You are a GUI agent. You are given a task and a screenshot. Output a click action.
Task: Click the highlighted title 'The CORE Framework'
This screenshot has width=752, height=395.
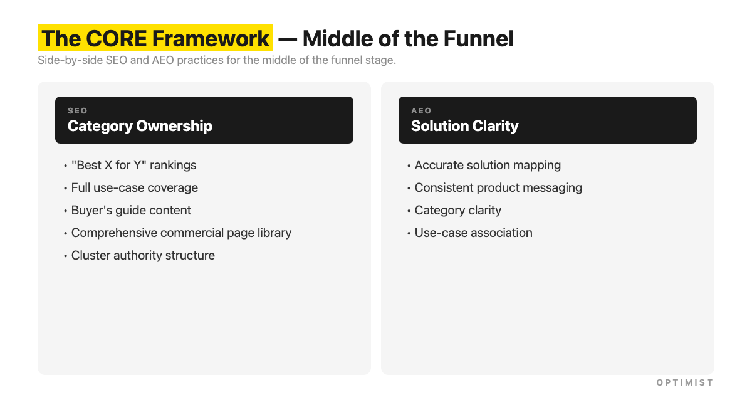coord(155,39)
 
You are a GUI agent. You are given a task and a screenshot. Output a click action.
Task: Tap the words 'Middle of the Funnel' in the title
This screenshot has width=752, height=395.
coord(408,39)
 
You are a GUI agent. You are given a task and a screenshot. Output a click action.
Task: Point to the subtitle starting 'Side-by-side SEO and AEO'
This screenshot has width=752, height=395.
coord(217,61)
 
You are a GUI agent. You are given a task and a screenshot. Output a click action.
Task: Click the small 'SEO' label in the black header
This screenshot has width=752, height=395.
coord(78,111)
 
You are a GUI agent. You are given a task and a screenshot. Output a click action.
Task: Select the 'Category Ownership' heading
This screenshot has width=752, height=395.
coord(140,126)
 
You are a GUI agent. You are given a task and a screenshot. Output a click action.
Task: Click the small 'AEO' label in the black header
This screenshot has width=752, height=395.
coord(421,111)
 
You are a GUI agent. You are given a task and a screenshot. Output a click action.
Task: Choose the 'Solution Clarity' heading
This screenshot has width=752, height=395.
coord(464,126)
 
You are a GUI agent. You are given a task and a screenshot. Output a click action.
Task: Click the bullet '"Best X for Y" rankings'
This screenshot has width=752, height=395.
coord(133,166)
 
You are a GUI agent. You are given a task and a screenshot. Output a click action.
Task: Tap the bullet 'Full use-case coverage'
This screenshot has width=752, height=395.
coord(134,188)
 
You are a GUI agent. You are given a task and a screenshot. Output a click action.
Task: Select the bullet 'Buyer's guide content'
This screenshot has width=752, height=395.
coord(131,211)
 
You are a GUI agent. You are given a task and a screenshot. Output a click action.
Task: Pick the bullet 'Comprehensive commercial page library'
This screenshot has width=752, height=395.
coord(181,233)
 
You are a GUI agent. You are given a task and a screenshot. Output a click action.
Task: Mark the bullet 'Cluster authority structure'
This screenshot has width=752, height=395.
coord(143,256)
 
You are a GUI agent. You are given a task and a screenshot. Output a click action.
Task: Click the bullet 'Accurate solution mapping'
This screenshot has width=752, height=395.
coord(488,166)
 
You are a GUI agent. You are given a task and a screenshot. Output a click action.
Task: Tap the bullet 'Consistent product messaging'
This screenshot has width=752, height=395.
coord(498,188)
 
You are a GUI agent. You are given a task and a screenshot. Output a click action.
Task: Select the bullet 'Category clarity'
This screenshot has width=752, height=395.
coord(457,211)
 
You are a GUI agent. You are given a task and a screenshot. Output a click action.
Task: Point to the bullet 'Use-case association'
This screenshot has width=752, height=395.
coord(473,233)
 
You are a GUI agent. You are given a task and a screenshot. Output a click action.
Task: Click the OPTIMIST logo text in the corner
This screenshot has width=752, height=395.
coord(684,382)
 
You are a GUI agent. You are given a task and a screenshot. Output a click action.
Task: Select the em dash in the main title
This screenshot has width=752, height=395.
coord(288,39)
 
